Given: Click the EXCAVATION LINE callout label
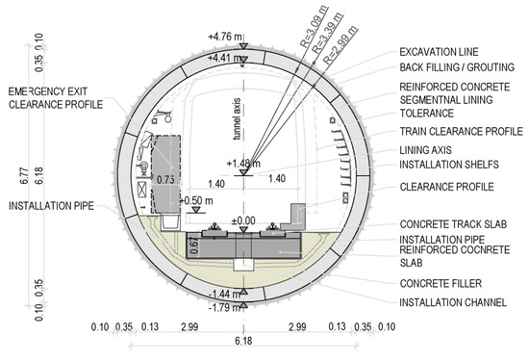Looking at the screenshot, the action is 439,52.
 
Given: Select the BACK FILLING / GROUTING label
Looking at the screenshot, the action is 457,67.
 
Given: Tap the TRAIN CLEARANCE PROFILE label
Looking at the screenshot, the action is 461,131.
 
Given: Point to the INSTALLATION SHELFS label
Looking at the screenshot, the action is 449,165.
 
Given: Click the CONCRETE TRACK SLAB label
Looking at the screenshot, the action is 453,224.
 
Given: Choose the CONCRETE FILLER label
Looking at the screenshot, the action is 441,283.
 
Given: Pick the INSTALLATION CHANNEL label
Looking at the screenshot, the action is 453,302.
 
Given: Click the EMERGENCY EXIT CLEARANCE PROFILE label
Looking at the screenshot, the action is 56,98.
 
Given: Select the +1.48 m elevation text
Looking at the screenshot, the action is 243,164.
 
